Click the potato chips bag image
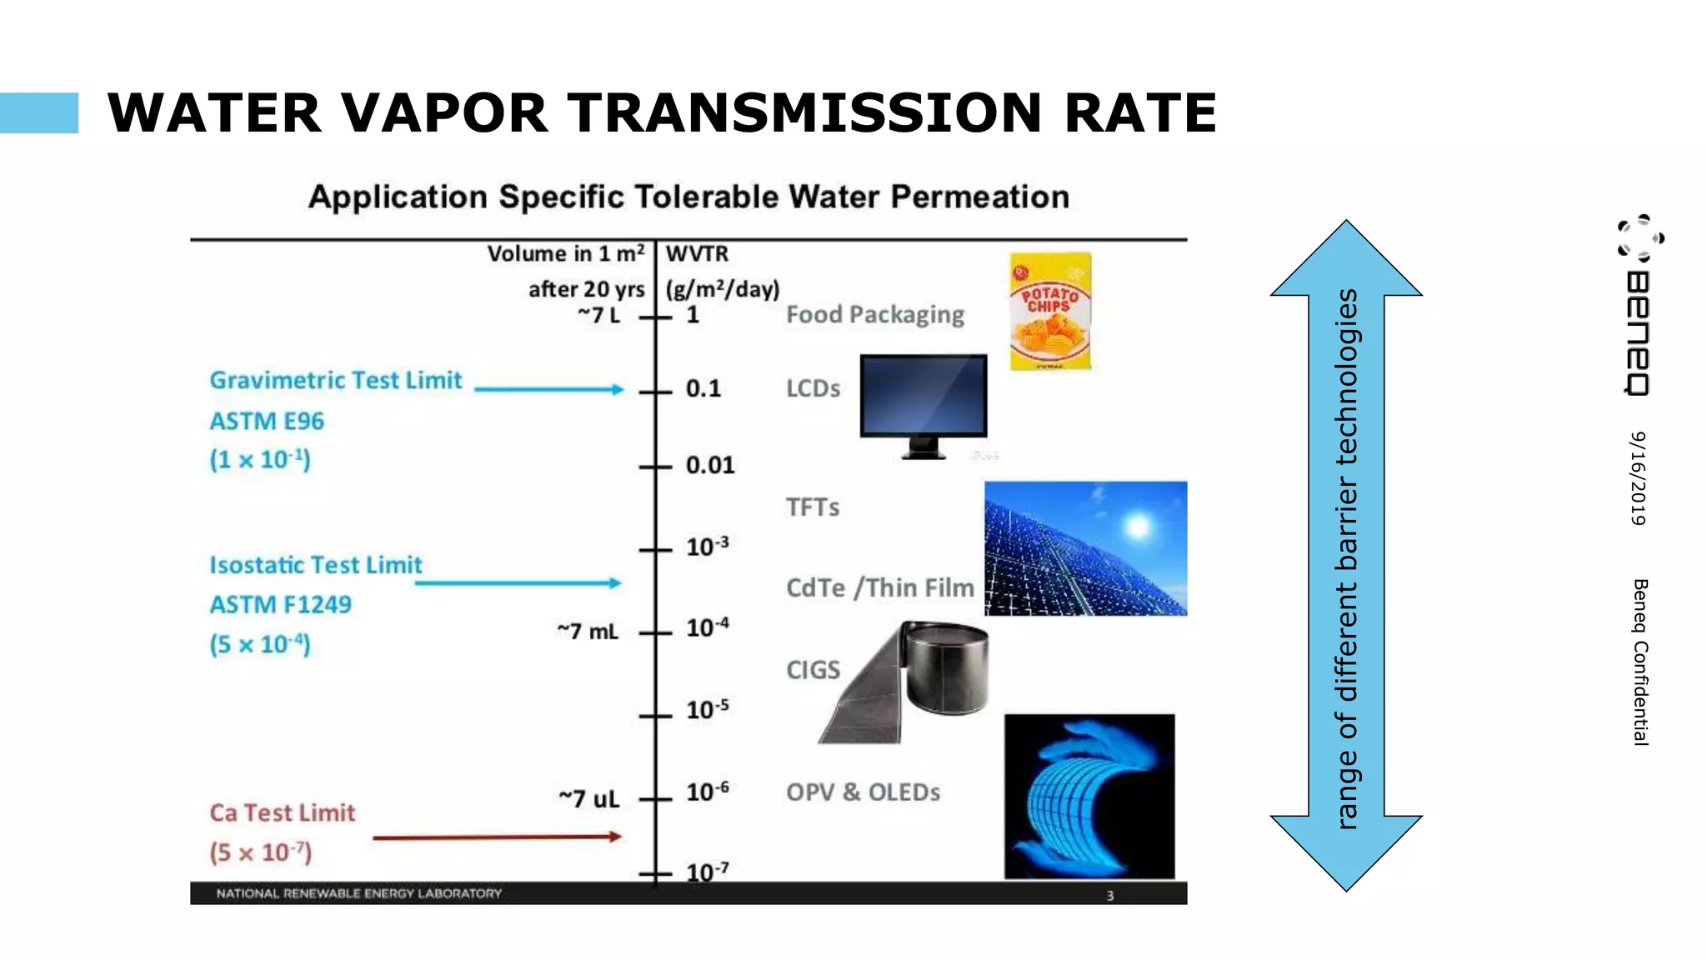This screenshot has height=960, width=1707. coord(1050,312)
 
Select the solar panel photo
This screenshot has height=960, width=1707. coord(1085,548)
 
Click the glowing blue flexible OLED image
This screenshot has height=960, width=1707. coord(1089,796)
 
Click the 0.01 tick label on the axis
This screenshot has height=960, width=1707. coord(710,465)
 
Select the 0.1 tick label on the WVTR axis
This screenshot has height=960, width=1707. coord(703,388)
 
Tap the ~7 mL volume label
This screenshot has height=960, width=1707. coord(588,632)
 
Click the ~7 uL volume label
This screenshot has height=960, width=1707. coord(589,798)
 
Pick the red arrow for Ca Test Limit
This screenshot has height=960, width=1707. coord(497,837)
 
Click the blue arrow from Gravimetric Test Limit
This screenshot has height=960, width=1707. coord(548,389)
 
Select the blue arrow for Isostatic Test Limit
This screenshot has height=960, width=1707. coord(518,582)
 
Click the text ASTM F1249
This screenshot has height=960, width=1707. coord(280,604)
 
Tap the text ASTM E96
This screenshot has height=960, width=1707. coord(267,421)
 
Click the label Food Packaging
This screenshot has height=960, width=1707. coord(875,314)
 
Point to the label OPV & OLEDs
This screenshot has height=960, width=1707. coord(863,792)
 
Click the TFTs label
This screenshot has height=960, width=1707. coord(813,507)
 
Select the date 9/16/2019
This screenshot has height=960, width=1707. coord(1639,478)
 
